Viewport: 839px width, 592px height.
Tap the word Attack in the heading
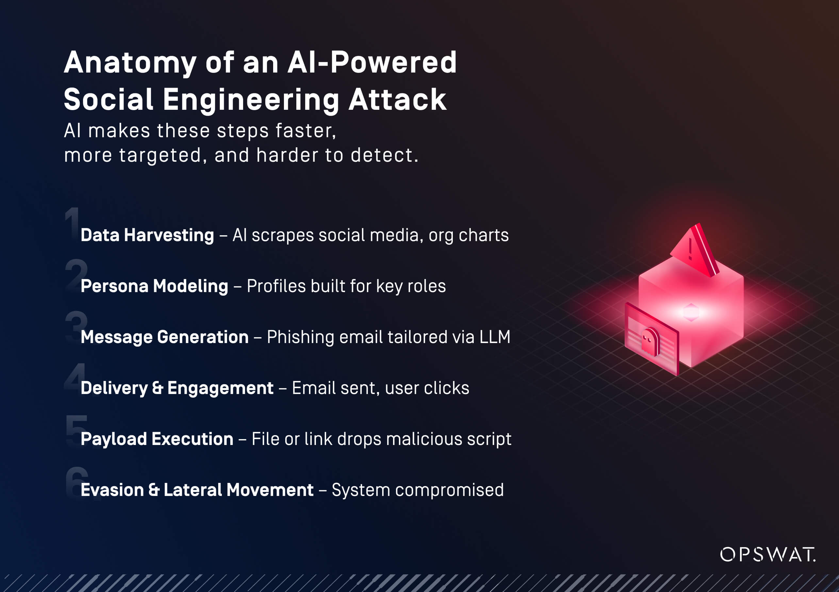point(397,99)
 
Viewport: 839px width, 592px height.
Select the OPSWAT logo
point(767,554)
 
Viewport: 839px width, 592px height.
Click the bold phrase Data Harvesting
point(147,235)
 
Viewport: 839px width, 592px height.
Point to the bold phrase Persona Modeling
point(154,286)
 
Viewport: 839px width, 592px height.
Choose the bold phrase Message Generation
point(164,337)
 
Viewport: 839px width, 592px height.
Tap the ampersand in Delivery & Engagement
point(157,388)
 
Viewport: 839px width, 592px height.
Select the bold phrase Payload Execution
point(157,439)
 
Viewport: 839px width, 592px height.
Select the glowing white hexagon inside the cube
point(690,312)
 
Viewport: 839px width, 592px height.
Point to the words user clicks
point(427,388)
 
